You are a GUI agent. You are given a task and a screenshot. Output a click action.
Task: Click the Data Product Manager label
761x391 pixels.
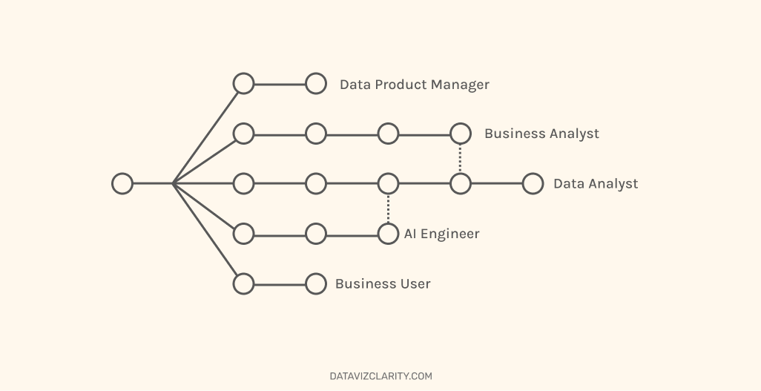coord(414,85)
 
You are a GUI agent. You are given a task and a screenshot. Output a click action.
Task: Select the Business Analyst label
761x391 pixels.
coord(541,134)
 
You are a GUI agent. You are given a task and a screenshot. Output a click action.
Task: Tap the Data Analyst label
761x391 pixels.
coord(595,184)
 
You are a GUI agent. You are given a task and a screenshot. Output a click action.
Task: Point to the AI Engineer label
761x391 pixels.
coord(441,234)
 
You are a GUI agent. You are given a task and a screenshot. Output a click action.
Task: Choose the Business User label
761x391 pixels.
coord(383,284)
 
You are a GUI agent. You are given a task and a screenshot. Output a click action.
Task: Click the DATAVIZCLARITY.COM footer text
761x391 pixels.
coord(380,376)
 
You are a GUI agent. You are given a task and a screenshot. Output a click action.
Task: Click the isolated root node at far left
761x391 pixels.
coord(122,183)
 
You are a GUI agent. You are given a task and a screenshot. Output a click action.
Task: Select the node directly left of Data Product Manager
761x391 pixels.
coord(316,84)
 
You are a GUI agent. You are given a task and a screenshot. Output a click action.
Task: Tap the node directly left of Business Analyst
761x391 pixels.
coord(461,134)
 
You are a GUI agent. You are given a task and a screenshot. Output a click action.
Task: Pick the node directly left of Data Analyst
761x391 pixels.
coord(533,183)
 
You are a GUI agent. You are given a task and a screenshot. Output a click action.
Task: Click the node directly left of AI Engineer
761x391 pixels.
coord(388,234)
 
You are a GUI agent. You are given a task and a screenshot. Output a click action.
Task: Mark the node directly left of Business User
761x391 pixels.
coord(316,283)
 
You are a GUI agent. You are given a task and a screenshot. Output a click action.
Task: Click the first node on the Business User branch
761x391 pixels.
coord(243,283)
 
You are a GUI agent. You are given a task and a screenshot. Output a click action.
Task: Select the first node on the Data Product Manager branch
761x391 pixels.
coord(243,84)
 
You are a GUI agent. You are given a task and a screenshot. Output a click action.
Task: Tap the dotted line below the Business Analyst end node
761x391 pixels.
coord(461,158)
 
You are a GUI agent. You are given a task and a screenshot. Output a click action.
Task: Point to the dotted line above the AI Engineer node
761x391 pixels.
coord(388,208)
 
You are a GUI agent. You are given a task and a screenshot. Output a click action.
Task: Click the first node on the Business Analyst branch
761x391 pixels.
coord(243,134)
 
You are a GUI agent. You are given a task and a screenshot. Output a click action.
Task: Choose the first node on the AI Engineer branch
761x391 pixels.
coord(243,234)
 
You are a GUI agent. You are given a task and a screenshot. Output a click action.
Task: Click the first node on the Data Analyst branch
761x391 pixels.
coord(243,183)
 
